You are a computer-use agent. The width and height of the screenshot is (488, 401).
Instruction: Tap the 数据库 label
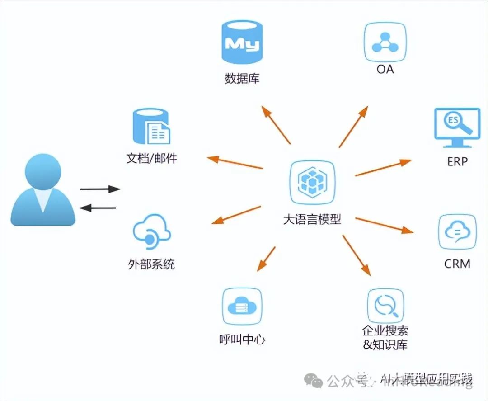[242, 78]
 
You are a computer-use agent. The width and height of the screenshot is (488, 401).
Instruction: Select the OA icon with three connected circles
[385, 42]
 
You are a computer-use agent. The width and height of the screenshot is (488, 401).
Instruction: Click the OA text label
[385, 69]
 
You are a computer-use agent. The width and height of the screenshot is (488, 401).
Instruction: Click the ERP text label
[457, 161]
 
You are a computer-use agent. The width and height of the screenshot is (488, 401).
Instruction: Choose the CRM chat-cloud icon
[457, 232]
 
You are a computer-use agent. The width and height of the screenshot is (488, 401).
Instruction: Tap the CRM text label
[457, 264]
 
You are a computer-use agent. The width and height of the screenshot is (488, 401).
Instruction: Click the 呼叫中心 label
[242, 339]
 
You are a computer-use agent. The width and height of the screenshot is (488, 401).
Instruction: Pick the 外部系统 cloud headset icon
[152, 232]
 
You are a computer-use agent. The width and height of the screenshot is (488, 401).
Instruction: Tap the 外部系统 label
[151, 264]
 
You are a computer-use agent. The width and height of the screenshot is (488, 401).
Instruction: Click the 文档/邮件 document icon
[152, 126]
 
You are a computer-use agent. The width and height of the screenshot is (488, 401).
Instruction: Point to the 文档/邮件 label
[152, 159]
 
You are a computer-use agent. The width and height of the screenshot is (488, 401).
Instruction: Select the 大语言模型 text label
[312, 220]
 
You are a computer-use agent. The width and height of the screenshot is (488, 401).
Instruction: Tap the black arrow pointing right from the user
[100, 189]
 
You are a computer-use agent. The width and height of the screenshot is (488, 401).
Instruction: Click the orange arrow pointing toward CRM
[384, 225]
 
